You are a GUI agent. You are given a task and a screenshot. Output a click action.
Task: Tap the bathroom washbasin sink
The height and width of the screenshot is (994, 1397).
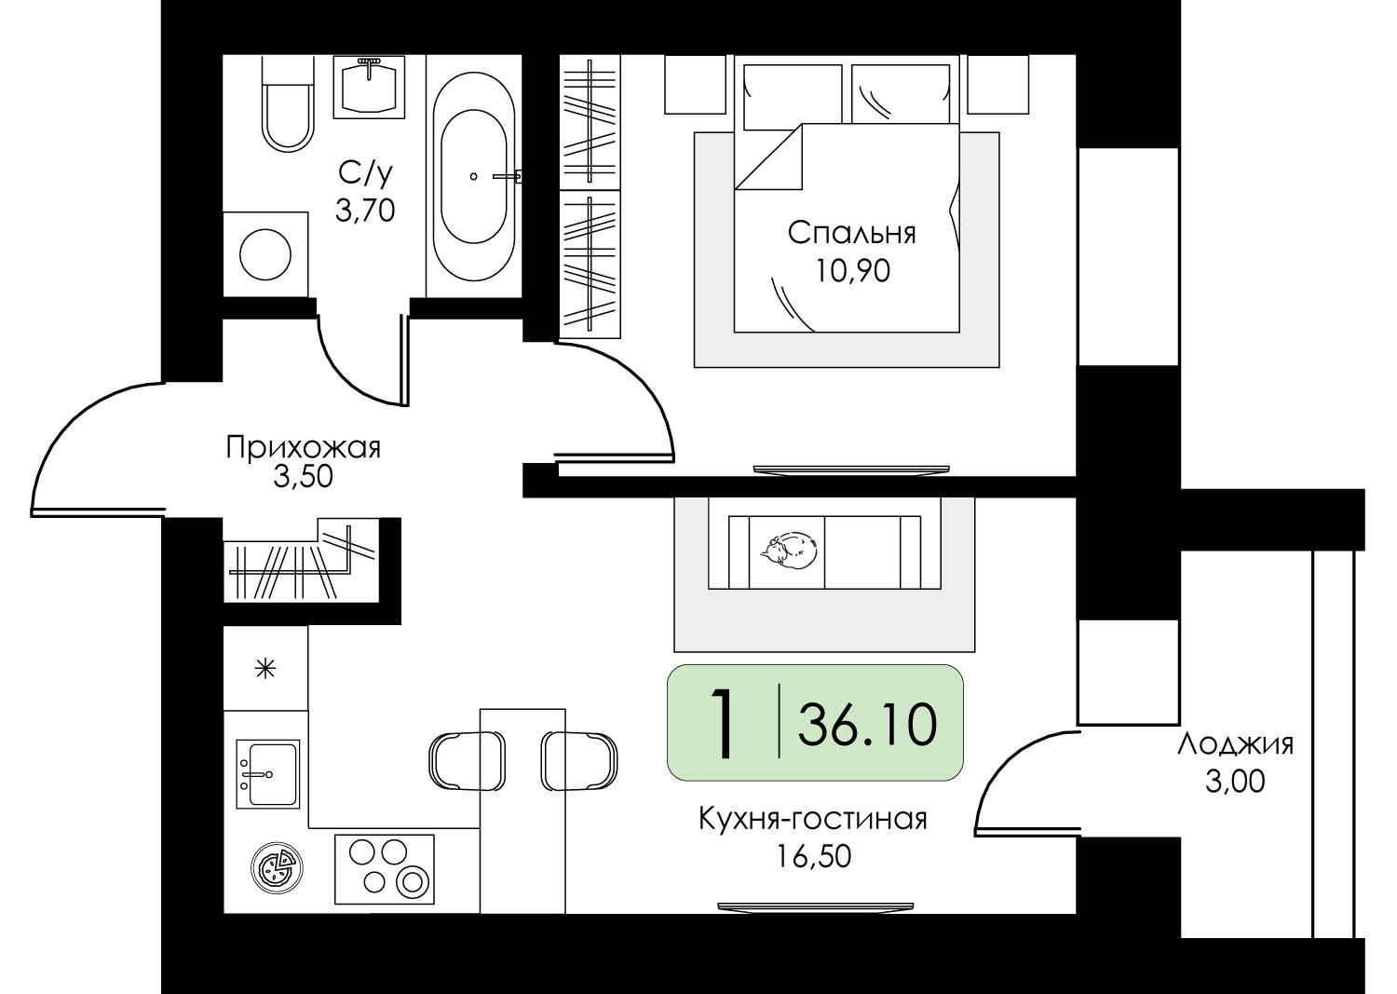[369, 87]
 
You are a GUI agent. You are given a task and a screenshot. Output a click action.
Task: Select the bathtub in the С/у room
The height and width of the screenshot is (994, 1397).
[474, 177]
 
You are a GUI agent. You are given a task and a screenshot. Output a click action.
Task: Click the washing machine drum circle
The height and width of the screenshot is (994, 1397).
[265, 254]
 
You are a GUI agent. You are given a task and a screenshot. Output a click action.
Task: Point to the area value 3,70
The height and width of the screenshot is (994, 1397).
[365, 211]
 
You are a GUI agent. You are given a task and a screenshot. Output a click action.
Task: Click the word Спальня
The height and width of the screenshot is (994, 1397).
[852, 234]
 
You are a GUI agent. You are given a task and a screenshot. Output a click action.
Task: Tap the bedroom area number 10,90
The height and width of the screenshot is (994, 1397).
[852, 271]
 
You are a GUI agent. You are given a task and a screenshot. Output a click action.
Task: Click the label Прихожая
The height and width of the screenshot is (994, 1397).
[303, 447]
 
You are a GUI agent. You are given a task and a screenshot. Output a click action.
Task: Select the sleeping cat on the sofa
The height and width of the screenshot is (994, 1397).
[789, 551]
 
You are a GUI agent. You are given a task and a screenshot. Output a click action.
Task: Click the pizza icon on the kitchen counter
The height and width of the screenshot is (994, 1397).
[277, 867]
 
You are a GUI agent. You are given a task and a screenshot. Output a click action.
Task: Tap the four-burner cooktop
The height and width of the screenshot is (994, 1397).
[384, 869]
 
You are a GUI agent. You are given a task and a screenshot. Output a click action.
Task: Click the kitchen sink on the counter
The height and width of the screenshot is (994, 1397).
[268, 774]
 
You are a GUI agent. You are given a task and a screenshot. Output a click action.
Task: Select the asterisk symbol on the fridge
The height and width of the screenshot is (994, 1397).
[266, 670]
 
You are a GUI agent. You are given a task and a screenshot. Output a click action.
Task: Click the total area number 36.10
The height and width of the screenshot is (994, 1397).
[867, 723]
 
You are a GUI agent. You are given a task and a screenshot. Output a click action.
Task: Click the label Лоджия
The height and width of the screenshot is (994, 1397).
[1236, 745]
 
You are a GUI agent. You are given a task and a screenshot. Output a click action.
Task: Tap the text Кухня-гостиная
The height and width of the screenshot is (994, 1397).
[813, 819]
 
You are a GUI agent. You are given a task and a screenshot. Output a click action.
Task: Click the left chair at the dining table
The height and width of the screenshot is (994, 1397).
[468, 761]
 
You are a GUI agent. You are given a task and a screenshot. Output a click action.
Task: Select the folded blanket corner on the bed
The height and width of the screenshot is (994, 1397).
[768, 157]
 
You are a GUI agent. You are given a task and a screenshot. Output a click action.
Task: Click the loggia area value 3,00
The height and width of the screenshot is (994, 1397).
[1235, 782]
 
